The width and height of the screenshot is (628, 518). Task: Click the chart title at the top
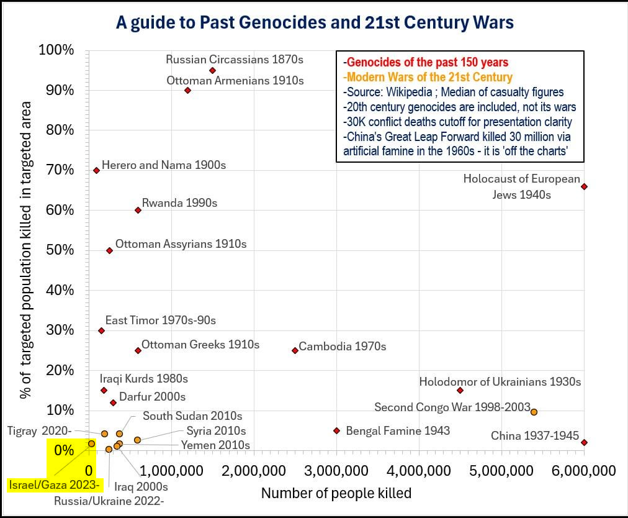[x=315, y=23]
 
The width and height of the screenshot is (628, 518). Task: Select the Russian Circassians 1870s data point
[x=212, y=71]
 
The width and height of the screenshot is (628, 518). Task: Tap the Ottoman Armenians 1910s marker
[x=187, y=90]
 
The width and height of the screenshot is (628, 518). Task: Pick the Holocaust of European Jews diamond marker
[x=584, y=186]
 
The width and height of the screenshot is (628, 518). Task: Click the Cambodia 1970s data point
[x=295, y=350]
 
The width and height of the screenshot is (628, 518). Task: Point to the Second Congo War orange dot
[x=534, y=412]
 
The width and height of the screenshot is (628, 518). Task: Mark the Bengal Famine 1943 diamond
[x=336, y=430]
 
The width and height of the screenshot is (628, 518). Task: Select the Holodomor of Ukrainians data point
[x=460, y=390]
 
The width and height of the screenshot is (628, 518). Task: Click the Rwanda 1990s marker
[x=138, y=210]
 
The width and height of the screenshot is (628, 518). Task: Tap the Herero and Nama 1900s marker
[x=96, y=170]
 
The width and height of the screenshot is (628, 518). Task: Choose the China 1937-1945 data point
[x=584, y=442]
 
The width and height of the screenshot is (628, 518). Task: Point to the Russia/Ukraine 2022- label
[x=109, y=499]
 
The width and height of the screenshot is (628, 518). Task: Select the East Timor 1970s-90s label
[x=160, y=320]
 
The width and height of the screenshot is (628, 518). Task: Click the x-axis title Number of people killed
[x=336, y=493]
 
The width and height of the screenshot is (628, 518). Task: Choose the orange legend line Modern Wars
[x=428, y=77]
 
